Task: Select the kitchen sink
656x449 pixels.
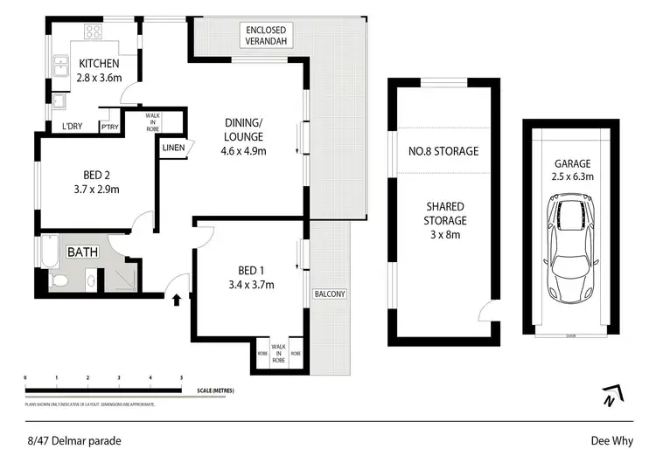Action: coord(63,65)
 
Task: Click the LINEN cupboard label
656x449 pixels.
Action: coord(173,148)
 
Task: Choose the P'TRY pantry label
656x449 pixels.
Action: coord(110,127)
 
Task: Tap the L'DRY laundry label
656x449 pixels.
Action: coord(72,127)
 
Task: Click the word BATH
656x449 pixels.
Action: coord(82,252)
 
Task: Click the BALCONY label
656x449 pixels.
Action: coord(330,294)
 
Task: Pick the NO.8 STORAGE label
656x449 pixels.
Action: coord(443,151)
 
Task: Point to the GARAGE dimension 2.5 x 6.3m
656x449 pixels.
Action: coord(573,176)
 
